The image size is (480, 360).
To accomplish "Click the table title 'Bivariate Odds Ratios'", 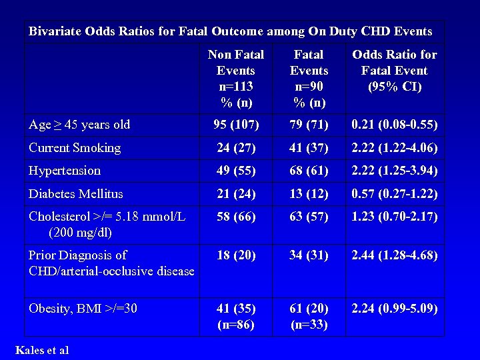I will coord(230,31).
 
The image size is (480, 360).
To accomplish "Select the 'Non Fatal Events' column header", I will coord(236,78).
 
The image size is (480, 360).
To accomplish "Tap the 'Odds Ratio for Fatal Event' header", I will coord(394,70).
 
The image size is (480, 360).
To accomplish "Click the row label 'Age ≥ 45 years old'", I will coord(79,125).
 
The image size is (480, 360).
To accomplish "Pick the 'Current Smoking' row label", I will coord(75,147).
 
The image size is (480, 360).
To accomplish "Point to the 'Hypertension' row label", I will coord(65,171).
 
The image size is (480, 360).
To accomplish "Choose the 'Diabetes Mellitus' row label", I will coord(76,194).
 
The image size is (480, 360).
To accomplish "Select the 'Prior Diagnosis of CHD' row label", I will coord(111,263).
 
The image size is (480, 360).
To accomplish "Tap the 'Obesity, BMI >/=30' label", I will coord(83,308).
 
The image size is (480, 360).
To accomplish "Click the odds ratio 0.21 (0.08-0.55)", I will coord(395,125).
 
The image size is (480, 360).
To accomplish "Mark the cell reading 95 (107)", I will coord(236,125).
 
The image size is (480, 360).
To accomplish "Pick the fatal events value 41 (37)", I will coord(309,147).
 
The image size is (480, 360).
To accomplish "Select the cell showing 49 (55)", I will coord(236,171).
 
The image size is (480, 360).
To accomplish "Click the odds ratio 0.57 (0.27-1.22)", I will coord(395,194).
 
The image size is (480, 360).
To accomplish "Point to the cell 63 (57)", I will coord(309,217).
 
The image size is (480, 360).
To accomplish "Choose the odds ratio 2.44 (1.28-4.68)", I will coord(395,255).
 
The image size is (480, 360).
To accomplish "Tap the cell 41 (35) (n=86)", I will coord(236,316).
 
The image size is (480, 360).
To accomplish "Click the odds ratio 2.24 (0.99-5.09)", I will coord(395,308).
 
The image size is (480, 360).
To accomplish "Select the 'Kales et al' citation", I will coord(41,350).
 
